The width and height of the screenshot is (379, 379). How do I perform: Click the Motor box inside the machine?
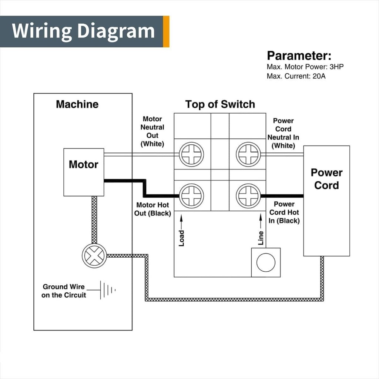(x=84, y=172)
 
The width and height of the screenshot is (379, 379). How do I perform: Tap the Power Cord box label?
(x=326, y=179)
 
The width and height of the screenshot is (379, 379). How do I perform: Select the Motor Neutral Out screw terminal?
(x=191, y=154)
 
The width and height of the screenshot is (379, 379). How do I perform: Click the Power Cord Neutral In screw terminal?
(x=248, y=154)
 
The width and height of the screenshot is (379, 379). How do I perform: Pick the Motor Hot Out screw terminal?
(x=191, y=196)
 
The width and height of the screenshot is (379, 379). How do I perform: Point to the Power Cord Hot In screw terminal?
(x=248, y=196)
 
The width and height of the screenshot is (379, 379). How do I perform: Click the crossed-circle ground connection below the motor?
(x=94, y=256)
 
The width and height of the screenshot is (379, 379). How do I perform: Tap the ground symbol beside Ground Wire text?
(x=108, y=289)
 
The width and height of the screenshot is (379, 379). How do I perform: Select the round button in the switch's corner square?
(x=266, y=262)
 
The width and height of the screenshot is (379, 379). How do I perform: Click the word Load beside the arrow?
(x=181, y=238)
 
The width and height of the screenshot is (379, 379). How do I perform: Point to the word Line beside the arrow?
(x=261, y=238)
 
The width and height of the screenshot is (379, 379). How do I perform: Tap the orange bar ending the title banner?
(x=166, y=31)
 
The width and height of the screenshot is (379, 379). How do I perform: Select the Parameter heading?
(x=299, y=56)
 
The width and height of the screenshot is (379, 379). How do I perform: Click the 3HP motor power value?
(x=336, y=67)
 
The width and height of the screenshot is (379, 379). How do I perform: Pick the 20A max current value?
(x=319, y=76)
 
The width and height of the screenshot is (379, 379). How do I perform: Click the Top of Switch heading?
(x=220, y=104)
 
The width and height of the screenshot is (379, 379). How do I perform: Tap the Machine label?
(x=77, y=104)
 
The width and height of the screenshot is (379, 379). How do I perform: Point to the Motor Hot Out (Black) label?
(x=152, y=209)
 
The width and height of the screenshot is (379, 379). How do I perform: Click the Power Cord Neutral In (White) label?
(x=283, y=133)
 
